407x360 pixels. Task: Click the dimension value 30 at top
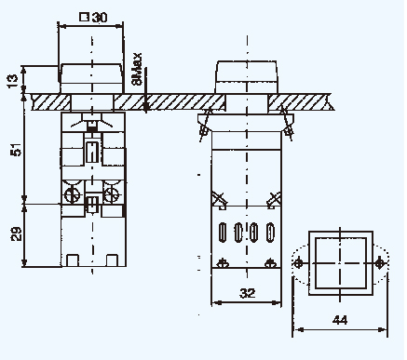point(100,18)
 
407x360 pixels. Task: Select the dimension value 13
point(12,81)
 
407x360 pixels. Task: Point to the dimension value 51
point(16,150)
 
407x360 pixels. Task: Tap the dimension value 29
point(16,234)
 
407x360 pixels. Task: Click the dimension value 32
point(247,293)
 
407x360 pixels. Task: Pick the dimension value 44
point(340,320)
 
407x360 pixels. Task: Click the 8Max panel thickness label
point(137,70)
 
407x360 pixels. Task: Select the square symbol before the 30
point(84,17)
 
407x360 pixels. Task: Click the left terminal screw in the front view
point(72,195)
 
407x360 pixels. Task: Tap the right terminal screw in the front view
point(112,195)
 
